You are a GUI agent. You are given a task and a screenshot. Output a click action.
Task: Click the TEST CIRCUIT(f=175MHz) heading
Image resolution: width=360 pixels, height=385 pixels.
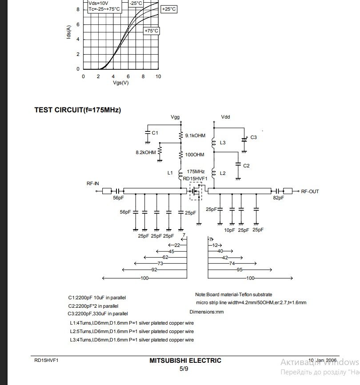click(77, 110)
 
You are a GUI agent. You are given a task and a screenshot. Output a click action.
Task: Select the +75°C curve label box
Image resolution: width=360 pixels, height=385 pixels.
click(152, 31)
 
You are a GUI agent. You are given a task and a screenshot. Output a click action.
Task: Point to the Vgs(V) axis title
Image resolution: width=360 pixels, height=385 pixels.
click(120, 83)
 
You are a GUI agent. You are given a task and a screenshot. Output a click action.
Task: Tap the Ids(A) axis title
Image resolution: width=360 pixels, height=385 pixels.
click(69, 32)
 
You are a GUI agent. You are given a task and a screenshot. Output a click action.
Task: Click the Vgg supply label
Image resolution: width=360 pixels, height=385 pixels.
click(176, 117)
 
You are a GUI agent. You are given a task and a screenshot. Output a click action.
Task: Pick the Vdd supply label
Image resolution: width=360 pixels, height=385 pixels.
click(225, 117)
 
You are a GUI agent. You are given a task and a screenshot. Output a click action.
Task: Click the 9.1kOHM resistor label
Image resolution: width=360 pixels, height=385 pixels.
click(195, 136)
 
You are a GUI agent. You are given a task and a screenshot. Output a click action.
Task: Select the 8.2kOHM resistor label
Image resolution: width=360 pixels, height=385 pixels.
click(146, 152)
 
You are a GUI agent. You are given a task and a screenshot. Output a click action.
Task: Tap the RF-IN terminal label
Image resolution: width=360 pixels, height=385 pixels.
click(93, 183)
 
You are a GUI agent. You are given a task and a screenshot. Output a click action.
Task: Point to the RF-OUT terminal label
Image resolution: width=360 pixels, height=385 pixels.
click(310, 191)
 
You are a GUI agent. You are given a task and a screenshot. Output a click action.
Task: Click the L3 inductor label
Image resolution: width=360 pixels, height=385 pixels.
click(223, 143)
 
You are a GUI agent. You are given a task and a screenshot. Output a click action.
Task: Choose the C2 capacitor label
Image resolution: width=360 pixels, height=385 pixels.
click(246, 166)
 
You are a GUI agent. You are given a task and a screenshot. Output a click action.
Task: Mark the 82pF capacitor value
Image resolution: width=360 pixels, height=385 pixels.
click(278, 198)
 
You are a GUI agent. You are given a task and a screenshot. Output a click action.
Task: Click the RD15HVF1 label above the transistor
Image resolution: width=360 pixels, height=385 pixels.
click(196, 179)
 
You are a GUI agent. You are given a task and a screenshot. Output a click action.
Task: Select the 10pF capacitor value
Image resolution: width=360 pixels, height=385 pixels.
click(229, 230)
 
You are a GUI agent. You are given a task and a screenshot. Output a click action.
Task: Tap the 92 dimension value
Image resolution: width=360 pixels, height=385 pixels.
click(154, 270)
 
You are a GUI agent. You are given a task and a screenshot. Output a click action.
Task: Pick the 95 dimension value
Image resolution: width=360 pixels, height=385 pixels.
click(239, 270)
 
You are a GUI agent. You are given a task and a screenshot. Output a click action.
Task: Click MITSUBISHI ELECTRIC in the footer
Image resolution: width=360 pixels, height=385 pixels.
click(185, 361)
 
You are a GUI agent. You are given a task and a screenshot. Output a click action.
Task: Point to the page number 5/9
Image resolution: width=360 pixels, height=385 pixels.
click(184, 369)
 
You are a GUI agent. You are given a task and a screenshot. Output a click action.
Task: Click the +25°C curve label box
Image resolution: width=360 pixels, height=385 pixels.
click(169, 9)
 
